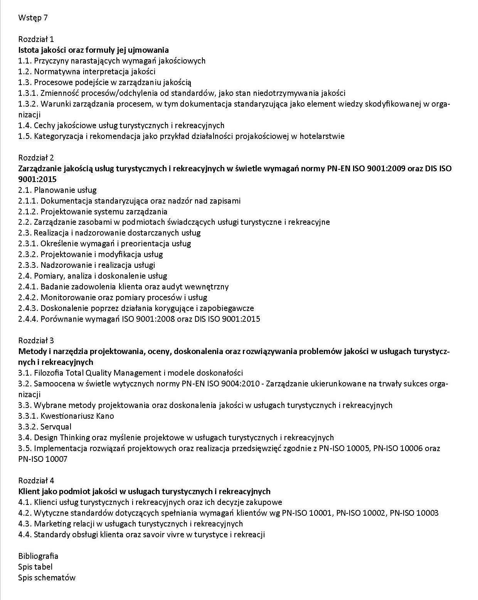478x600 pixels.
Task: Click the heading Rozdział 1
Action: pos(36,39)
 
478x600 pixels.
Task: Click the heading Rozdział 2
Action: pos(36,157)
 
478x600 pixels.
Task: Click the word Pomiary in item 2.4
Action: pos(47,276)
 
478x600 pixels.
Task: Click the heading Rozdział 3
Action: pos(36,340)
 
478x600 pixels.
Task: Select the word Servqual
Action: pos(56,426)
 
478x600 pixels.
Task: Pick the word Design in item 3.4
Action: pos(46,437)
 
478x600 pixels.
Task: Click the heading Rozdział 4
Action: pos(36,480)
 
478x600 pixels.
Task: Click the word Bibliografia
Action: pos(38,556)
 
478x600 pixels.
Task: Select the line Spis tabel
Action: pos(35,567)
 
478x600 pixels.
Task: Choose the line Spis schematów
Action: pos(47,577)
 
